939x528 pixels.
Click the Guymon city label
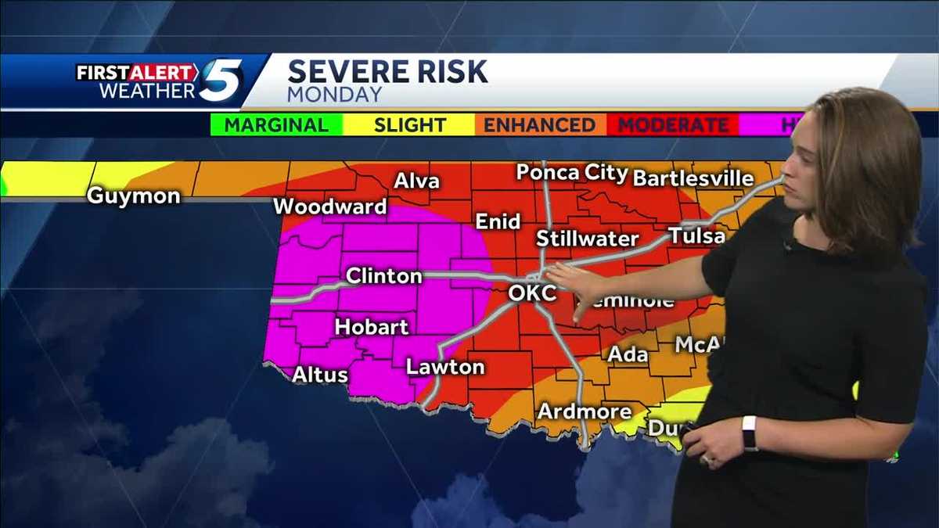click(133, 196)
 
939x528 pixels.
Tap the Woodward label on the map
click(330, 207)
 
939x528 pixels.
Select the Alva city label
click(416, 181)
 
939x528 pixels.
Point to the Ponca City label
click(572, 173)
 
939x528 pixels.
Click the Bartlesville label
click(693, 178)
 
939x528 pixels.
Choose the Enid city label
click(498, 221)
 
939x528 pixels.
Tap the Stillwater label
click(587, 238)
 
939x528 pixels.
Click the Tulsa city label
click(696, 235)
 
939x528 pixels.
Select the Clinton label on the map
click(383, 275)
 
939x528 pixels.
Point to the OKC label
click(532, 293)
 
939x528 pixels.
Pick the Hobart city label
click(372, 326)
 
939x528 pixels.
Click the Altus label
click(319, 375)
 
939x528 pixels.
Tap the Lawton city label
click(445, 366)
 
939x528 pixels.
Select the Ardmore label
click(585, 411)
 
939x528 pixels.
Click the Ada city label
click(628, 354)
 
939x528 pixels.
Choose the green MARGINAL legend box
click(276, 125)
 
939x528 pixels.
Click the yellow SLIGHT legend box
click(409, 125)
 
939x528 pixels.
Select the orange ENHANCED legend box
click(539, 125)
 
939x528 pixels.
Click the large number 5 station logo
click(221, 81)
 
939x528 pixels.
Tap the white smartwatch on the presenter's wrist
click(750, 433)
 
